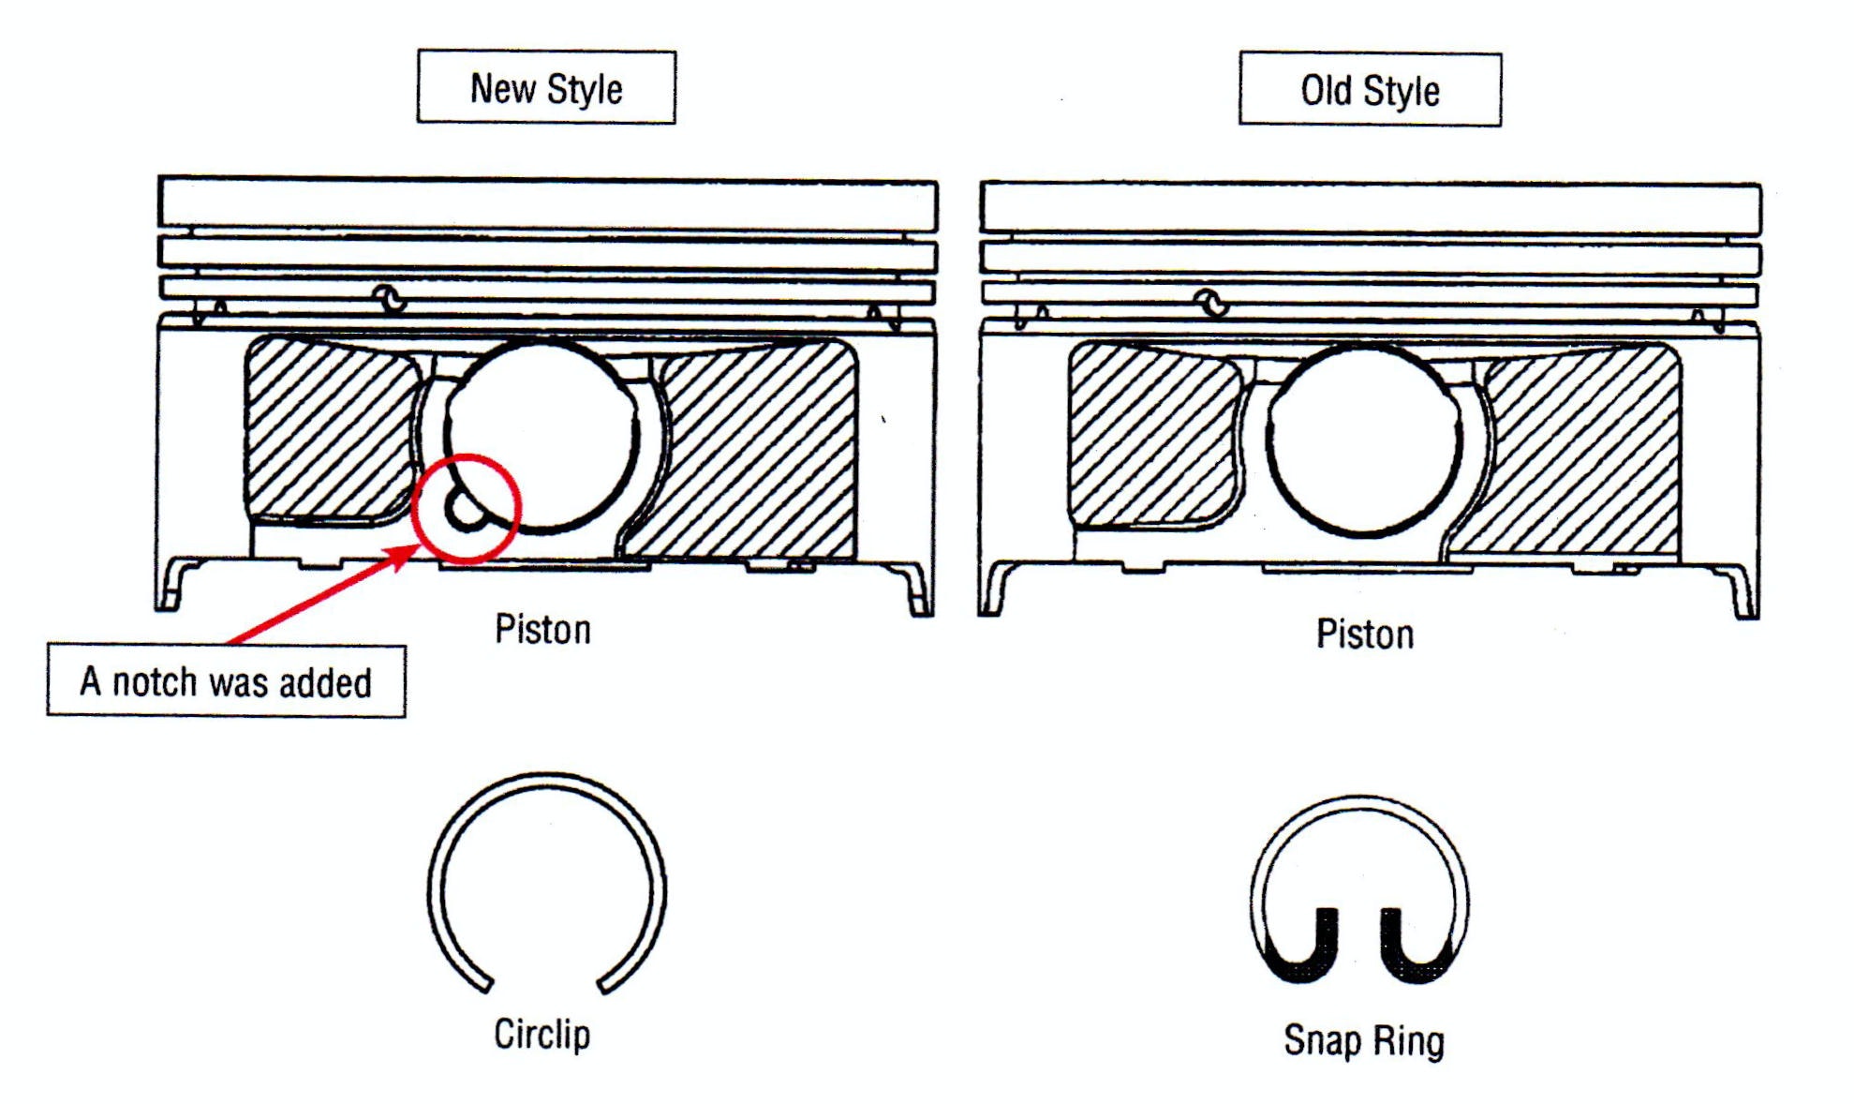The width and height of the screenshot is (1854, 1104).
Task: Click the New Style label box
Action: (546, 87)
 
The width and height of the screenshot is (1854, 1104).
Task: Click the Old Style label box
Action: (1370, 90)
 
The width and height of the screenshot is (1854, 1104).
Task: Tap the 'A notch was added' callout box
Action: (226, 681)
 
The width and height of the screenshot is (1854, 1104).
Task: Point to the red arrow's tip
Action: (413, 548)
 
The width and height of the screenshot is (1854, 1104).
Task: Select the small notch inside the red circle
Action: (464, 510)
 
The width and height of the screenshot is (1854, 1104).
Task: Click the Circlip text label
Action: (542, 1035)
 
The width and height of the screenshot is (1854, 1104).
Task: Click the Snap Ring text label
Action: (1364, 1040)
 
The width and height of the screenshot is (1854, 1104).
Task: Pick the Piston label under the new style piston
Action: (542, 630)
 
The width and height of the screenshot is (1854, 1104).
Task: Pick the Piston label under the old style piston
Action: (1365, 634)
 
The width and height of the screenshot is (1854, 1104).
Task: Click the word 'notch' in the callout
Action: (155, 682)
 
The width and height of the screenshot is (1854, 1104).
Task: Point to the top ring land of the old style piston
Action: (1370, 208)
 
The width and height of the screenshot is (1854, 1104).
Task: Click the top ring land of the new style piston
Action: (547, 203)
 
